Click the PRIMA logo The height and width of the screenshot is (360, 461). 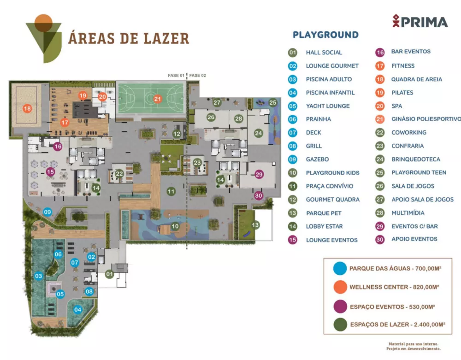pos(420,21)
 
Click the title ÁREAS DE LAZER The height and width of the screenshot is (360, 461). pos(129,38)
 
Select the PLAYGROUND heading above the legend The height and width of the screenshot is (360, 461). pos(325,35)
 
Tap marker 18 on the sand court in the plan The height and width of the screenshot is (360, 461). pos(27,109)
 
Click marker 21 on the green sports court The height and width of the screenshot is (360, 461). pos(158,99)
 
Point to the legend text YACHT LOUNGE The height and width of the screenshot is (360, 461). pos(327,106)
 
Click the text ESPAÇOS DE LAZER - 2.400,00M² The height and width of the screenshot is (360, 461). pos(397,325)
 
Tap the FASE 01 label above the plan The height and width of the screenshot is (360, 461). pos(176,75)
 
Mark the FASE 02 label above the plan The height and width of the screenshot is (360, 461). pos(198,75)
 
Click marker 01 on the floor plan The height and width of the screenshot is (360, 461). pos(110,274)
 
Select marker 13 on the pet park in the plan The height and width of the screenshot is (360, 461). pos(255,225)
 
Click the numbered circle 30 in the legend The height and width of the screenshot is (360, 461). pos(380,239)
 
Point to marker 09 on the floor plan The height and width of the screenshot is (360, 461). pos(47,212)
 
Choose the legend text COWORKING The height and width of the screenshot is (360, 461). pos(408,132)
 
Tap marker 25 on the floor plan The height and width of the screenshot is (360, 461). pos(273,103)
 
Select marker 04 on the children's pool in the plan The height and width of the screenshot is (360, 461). pos(77,309)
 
